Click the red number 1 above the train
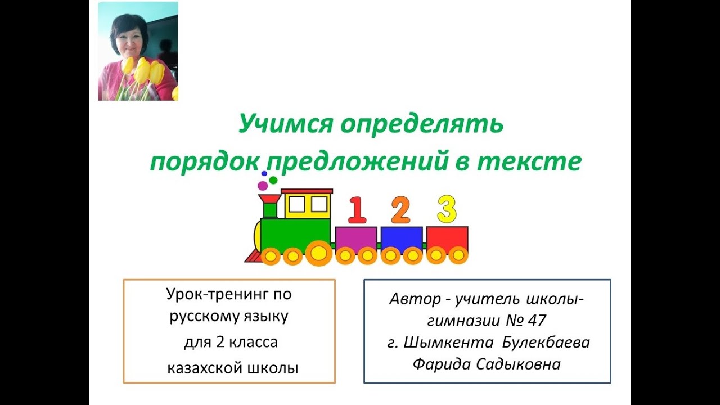[357, 210]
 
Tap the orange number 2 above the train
[400, 210]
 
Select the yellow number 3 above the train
[447, 209]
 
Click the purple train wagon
[356, 238]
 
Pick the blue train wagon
[402, 238]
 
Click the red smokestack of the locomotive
[269, 205]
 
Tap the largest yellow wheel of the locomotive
[318, 253]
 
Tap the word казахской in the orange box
[204, 369]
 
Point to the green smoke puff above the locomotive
[273, 180]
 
